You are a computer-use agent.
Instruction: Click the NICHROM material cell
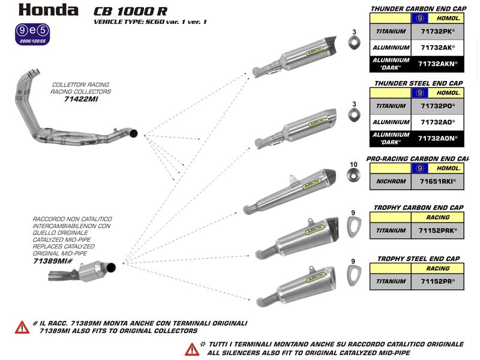[391, 181]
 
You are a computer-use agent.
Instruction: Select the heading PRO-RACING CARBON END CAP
[417, 159]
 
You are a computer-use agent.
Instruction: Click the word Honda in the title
[48, 10]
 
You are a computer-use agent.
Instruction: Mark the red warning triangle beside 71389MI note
[22, 327]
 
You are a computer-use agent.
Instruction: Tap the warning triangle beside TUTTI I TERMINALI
[192, 348]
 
